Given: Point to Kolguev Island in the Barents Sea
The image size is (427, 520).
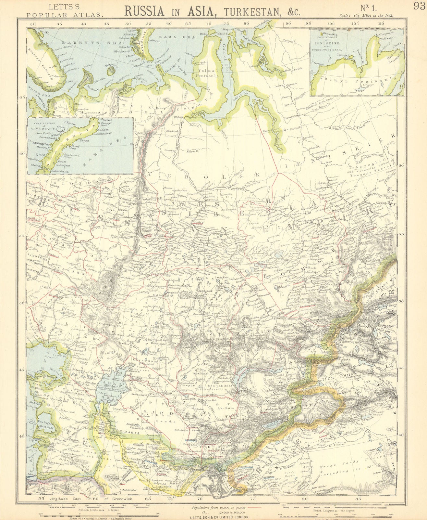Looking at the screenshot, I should pyautogui.click(x=113, y=68).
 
